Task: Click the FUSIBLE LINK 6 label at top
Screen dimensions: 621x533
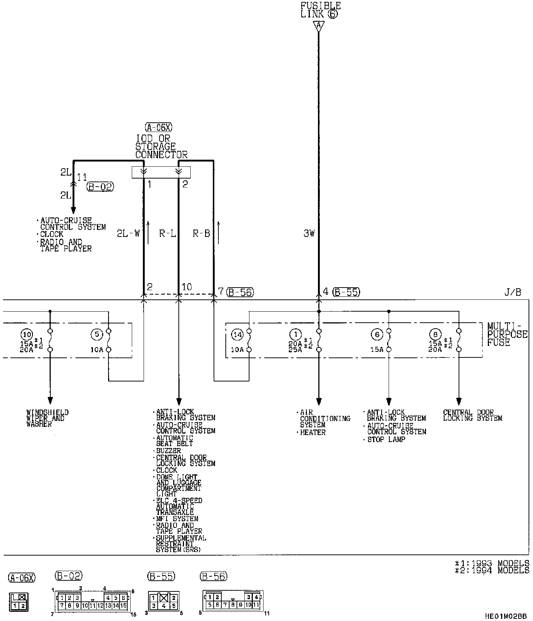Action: click(320, 10)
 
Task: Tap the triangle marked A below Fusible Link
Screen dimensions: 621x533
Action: click(318, 26)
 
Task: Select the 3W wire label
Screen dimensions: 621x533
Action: click(309, 234)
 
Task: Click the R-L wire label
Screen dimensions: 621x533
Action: click(167, 234)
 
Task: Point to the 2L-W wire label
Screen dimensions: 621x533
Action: click(128, 234)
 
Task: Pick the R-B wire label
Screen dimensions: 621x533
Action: click(201, 234)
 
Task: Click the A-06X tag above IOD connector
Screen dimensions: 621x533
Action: click(159, 128)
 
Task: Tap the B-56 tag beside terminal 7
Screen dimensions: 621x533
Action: click(240, 292)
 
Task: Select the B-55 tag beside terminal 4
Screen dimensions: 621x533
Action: click(346, 292)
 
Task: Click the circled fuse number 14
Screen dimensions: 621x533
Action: click(237, 335)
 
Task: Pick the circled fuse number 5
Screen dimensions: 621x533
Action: click(96, 335)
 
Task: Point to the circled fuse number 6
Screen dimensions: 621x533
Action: click(377, 335)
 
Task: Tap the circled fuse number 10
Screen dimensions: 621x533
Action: click(27, 335)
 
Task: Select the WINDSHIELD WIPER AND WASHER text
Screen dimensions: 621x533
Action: click(47, 418)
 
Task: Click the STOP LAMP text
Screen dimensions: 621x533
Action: click(386, 440)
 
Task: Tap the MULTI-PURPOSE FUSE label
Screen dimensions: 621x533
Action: click(507, 334)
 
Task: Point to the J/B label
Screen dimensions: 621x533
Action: click(513, 292)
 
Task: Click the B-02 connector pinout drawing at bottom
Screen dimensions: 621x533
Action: click(93, 601)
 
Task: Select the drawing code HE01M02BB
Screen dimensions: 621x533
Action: click(506, 616)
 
